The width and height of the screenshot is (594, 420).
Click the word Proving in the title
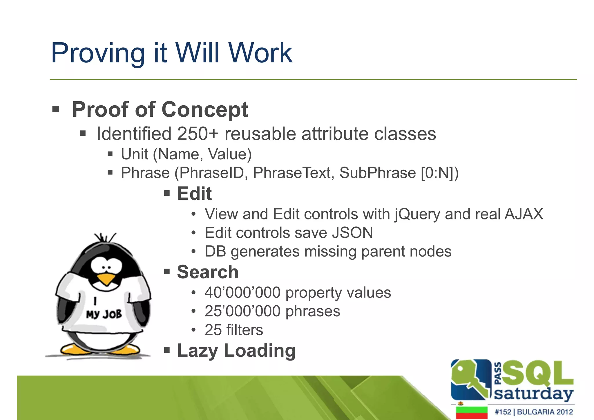[x=98, y=53]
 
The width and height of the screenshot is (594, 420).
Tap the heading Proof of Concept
[x=160, y=110]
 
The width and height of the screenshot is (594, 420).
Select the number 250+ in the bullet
[x=197, y=134]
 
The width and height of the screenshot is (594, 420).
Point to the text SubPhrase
[x=377, y=173]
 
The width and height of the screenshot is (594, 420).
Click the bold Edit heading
[x=194, y=194]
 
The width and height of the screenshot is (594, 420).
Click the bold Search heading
[x=208, y=272]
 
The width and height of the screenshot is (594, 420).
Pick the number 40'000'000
[x=242, y=293]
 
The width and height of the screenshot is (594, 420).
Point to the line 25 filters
[x=234, y=330]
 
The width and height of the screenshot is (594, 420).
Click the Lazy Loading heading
[x=236, y=351]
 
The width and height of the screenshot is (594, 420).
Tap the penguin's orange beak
[x=106, y=279]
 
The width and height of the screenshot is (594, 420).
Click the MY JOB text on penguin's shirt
[x=104, y=314]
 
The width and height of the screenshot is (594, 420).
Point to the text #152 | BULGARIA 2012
[x=534, y=412]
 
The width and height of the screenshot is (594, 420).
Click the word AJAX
[x=524, y=214]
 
